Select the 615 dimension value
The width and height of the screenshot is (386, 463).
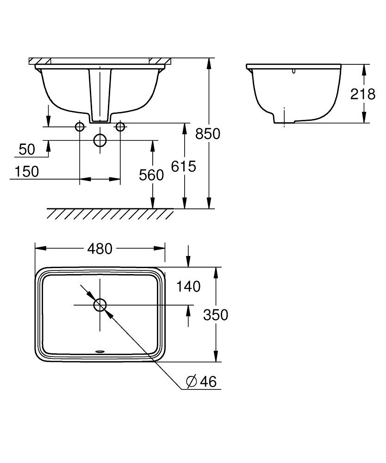pos(184,166)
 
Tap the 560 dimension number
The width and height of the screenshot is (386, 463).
pos(151,175)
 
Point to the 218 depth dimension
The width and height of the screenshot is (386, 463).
pos(363,94)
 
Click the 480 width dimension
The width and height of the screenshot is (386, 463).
pos(100,249)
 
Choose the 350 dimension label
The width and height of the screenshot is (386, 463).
pos(216,315)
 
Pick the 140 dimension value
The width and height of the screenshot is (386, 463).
pos(188,287)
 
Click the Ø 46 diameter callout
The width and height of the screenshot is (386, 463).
pos(201,382)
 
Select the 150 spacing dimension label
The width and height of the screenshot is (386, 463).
pos(26,171)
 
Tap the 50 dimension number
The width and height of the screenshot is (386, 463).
pos(27,149)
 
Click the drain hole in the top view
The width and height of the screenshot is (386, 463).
pos(100,305)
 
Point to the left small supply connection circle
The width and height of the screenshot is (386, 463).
pos(80,126)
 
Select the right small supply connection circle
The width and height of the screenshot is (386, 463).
pos(120,126)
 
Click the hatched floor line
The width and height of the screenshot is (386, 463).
pos(110,213)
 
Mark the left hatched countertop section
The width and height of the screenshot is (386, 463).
pos(40,61)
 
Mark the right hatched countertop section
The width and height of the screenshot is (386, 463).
pos(160,61)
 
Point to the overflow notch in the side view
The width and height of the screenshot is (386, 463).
pos(294,71)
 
